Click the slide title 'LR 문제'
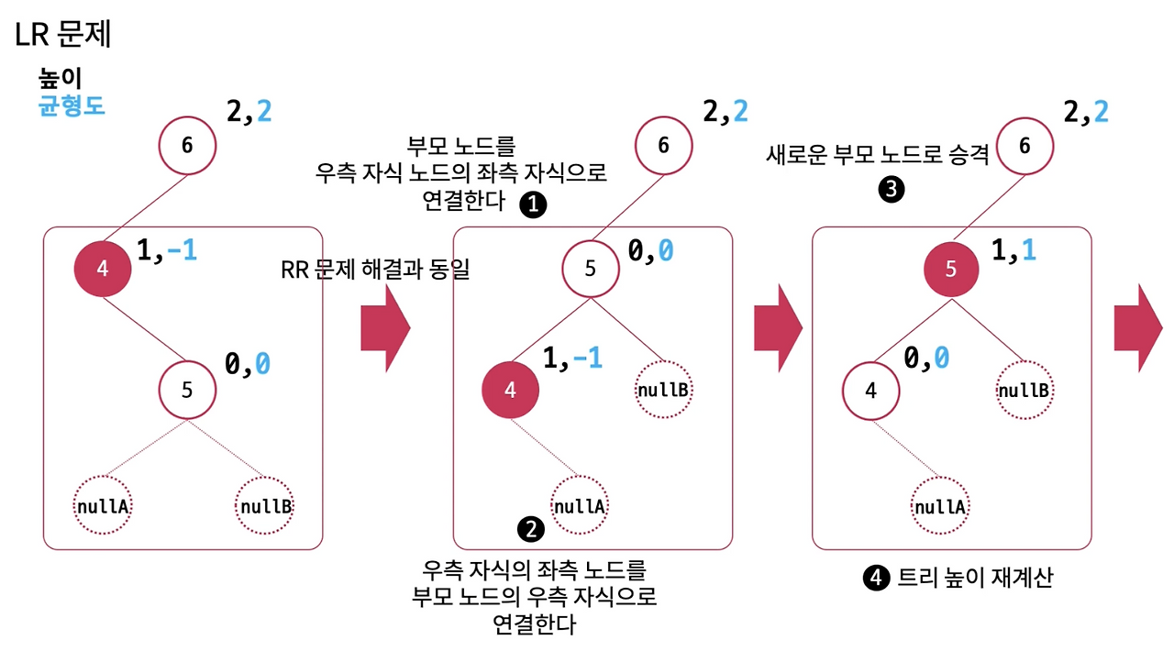[x=63, y=35]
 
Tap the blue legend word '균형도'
[x=72, y=105]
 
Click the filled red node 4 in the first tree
[x=103, y=269]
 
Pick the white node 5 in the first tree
[x=187, y=390]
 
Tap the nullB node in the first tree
[x=266, y=505]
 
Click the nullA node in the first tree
[x=103, y=505]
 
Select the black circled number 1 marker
[x=532, y=204]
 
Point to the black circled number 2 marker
[x=531, y=528]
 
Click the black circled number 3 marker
[x=891, y=190]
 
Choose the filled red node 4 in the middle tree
[x=511, y=390]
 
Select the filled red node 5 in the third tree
[x=950, y=269]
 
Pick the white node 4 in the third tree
[x=871, y=390]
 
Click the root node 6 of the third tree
[x=1024, y=145]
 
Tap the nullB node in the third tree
[x=1024, y=390]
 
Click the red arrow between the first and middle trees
[x=385, y=328]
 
